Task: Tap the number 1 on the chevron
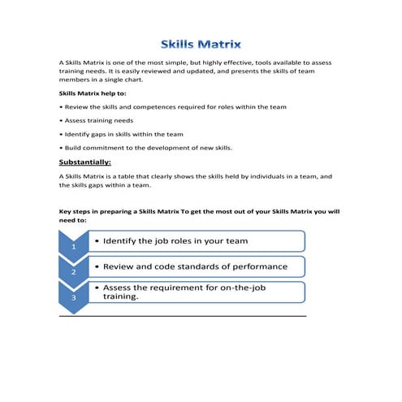click(73, 245)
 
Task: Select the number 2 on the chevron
click(73, 271)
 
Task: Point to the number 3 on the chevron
click(73, 298)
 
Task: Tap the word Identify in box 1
click(125, 241)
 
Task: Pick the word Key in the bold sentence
click(67, 211)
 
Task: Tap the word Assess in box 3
click(120, 287)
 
